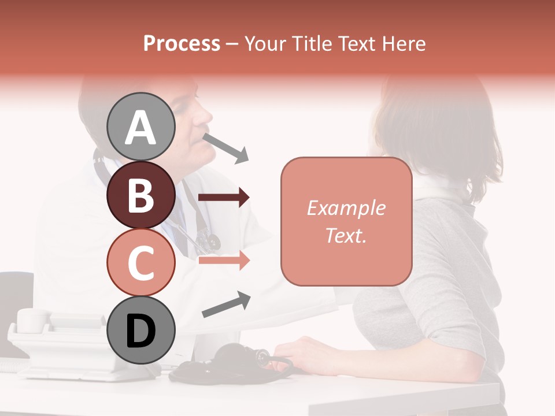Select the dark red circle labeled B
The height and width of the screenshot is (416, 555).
141,195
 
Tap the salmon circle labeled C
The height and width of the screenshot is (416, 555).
141,262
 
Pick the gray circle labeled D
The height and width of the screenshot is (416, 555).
141,330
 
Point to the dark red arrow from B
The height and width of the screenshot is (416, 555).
223,198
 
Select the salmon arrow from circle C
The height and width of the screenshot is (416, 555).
223,261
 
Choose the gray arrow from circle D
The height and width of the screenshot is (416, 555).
225,304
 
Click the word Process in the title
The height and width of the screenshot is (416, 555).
182,43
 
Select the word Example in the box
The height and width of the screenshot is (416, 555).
346,208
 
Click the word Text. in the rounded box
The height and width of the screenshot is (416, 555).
346,235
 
